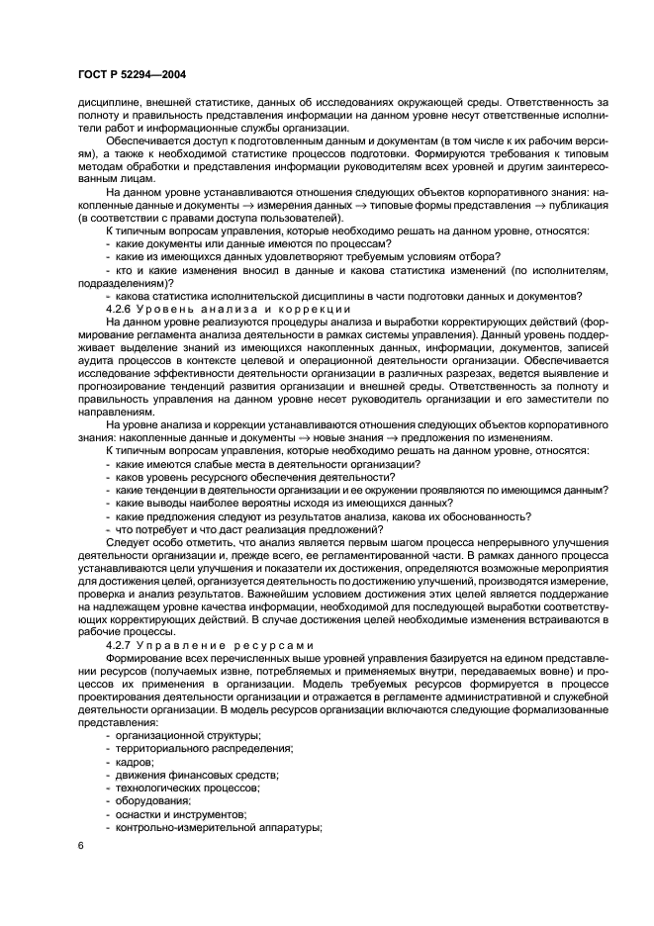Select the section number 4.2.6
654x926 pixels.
click(121, 309)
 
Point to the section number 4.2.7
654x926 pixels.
click(121, 645)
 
